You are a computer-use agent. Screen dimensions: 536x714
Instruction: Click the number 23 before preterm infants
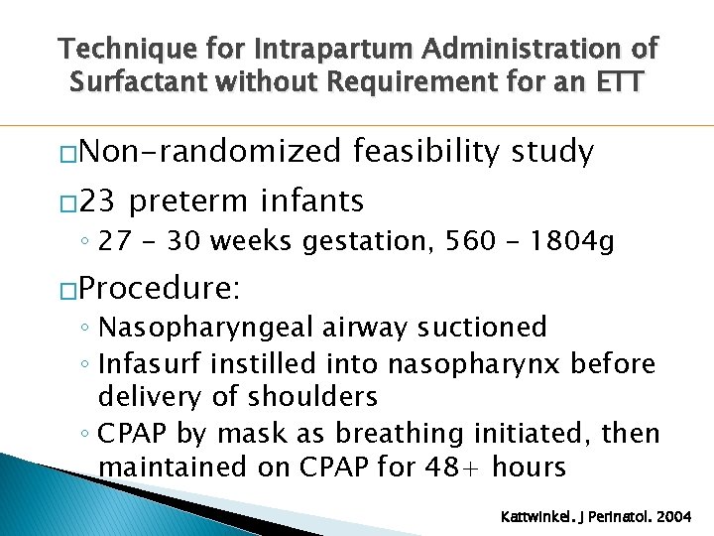[97, 201]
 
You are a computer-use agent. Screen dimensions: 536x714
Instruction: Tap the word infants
[312, 201]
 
